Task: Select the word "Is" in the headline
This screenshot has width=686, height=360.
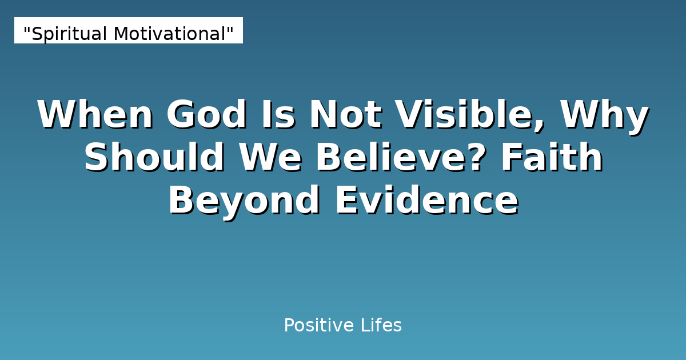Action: pyautogui.click(x=277, y=115)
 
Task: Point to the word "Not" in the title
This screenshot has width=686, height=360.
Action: pyautogui.click(x=345, y=115)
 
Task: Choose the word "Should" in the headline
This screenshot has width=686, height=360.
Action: pyautogui.click(x=154, y=158)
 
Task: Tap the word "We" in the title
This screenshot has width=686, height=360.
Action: pyautogui.click(x=269, y=158)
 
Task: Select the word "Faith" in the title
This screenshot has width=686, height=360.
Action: pyautogui.click(x=552, y=158)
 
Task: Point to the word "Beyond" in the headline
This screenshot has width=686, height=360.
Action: pyautogui.click(x=244, y=201)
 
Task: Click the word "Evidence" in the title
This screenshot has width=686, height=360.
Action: pyautogui.click(x=426, y=201)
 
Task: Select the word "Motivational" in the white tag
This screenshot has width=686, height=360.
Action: pyautogui.click(x=169, y=34)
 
